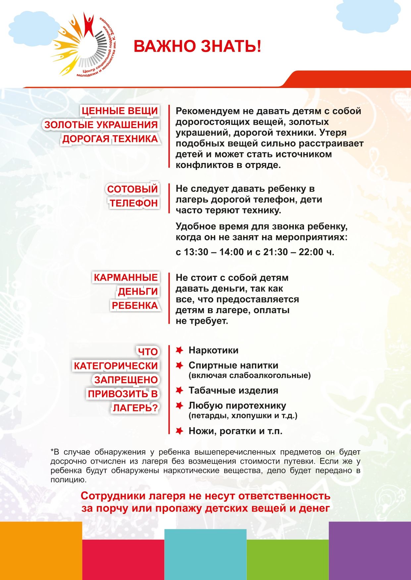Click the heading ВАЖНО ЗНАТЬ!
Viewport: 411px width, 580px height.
[197, 46]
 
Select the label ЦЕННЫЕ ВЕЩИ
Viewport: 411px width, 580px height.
[120, 111]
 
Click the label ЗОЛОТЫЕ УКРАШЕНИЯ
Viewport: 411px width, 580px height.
[101, 125]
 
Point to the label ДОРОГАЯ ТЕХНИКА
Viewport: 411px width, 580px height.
[110, 139]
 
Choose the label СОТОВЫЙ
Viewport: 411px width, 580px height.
[132, 189]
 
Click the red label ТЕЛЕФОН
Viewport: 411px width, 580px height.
[133, 203]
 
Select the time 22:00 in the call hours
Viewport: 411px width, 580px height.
[310, 252]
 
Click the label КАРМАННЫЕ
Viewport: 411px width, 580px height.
[126, 277]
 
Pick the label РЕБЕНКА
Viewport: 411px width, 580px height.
[134, 306]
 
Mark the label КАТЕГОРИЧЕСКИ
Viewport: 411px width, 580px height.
[116, 366]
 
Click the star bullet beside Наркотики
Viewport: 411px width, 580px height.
[180, 350]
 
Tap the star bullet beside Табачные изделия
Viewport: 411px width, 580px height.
[180, 391]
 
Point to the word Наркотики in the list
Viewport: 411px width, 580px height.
[213, 351]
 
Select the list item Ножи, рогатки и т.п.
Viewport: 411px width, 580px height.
[235, 431]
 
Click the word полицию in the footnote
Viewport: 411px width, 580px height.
[68, 480]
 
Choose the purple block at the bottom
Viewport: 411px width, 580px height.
[370, 551]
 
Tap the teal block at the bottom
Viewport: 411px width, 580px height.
[205, 555]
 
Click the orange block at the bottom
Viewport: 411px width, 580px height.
[41, 551]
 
